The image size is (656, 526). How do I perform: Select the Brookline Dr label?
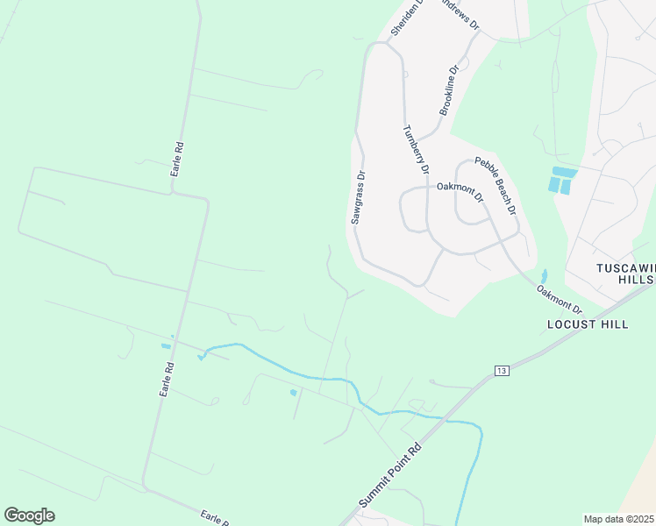(449, 90)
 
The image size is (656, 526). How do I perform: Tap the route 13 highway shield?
(501, 371)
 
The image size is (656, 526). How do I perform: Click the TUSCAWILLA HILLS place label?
(625, 273)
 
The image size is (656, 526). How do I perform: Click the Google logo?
(29, 515)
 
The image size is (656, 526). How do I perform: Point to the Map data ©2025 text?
(618, 519)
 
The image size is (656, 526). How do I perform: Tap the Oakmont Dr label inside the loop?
(460, 190)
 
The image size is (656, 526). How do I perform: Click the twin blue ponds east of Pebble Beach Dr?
(560, 180)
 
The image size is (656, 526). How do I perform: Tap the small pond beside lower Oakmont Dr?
(543, 276)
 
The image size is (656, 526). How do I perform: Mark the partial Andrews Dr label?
(461, 14)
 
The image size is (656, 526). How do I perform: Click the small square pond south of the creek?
(293, 393)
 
